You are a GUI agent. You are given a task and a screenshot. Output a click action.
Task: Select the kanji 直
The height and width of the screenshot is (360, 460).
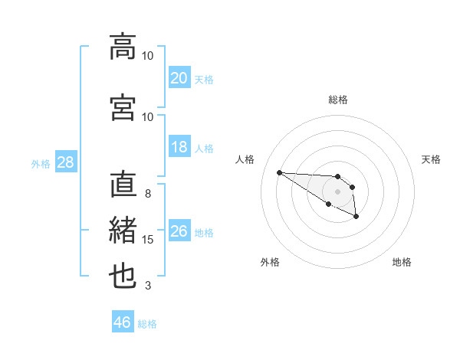123,185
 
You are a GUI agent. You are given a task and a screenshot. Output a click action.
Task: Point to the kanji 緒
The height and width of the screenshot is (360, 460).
123,231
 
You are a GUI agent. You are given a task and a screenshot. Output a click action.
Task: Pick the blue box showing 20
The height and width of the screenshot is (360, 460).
179,78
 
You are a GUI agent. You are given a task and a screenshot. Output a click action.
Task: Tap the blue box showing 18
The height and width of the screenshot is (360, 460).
179,147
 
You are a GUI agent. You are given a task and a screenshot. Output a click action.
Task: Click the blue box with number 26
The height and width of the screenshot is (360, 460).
179,231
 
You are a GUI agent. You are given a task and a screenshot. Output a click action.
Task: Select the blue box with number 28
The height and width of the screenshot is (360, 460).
65,162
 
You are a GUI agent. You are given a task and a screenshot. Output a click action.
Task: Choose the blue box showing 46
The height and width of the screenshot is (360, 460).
123,322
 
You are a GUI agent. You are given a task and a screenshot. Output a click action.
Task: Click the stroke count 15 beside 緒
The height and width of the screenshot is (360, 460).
148,240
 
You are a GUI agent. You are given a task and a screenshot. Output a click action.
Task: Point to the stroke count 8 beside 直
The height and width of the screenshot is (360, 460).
148,194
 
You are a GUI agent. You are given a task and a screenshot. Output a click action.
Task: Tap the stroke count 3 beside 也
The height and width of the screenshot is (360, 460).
148,286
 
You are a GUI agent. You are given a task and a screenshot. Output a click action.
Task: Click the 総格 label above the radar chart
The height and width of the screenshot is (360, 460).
338,100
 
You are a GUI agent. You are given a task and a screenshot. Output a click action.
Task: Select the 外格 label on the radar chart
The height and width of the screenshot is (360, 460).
270,262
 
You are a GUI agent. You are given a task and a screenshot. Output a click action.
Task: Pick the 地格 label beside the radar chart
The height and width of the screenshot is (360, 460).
402,262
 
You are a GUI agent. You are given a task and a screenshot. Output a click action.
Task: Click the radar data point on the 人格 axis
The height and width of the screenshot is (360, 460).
279,172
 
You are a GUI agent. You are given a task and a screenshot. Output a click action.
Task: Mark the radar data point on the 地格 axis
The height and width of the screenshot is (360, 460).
356,217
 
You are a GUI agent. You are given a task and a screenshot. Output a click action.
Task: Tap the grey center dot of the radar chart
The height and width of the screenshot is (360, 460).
338,191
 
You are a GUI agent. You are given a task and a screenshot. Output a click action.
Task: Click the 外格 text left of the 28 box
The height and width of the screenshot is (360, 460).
41,163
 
